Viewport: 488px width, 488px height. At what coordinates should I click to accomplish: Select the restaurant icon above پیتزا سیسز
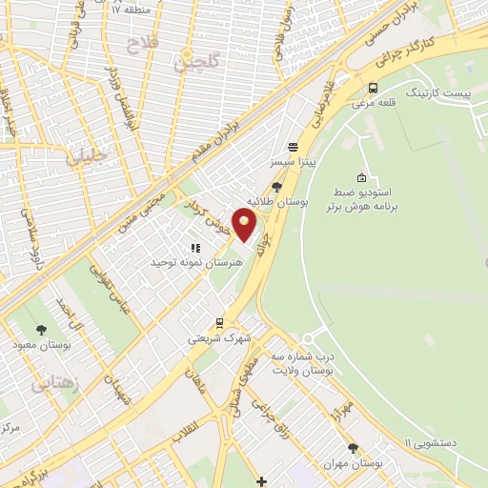292,148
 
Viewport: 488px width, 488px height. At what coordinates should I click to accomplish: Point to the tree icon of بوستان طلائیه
276,187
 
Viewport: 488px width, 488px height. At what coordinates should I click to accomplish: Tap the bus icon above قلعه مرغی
372,87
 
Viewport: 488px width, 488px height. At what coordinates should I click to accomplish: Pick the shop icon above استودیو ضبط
360,178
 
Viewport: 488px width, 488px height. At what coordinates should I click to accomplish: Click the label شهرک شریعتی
218,337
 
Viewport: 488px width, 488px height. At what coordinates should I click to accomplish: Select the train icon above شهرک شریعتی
219,322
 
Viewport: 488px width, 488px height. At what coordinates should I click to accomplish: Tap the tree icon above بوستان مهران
354,447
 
